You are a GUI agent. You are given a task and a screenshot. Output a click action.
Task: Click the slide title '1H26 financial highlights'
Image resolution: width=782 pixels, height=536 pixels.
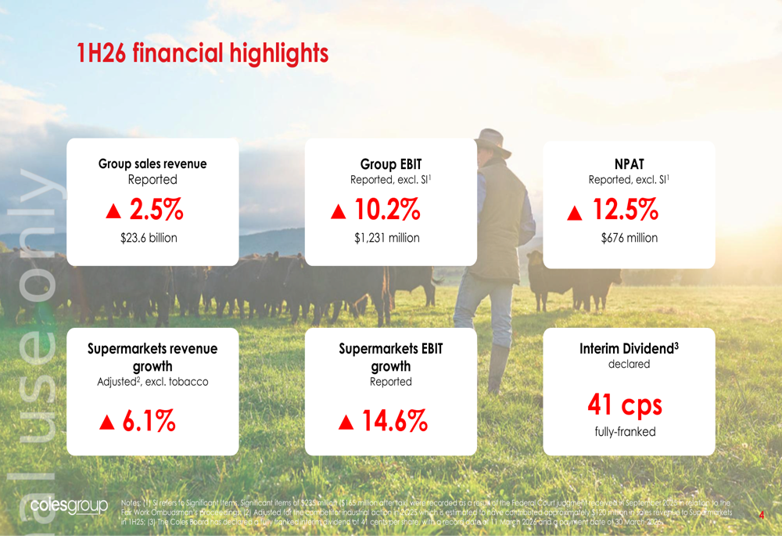(x=203, y=54)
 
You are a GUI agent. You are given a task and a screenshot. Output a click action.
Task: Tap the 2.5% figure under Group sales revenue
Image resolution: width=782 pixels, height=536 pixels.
(x=156, y=210)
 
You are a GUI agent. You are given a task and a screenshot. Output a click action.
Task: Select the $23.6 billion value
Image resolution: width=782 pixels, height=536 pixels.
(x=152, y=238)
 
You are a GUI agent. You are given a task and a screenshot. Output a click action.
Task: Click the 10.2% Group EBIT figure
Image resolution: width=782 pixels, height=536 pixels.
(x=387, y=210)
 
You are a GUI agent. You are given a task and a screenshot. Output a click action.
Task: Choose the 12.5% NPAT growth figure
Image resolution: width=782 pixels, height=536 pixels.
(x=625, y=210)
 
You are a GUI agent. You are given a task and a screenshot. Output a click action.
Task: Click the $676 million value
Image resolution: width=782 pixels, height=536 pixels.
(x=629, y=238)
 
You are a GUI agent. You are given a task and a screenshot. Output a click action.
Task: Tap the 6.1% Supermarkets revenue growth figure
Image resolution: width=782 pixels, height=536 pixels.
(x=149, y=422)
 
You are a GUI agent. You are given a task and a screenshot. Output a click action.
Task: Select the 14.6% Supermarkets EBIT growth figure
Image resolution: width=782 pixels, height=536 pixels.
(x=394, y=422)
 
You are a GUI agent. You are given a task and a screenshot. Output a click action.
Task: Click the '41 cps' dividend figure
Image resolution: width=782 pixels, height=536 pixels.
(x=625, y=405)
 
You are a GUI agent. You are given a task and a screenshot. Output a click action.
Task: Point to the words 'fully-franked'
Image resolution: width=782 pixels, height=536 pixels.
(x=625, y=432)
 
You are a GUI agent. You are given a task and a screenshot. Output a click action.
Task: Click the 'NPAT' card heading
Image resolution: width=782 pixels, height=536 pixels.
(x=629, y=164)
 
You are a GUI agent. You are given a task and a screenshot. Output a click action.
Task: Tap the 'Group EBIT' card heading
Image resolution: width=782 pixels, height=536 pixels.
(x=390, y=164)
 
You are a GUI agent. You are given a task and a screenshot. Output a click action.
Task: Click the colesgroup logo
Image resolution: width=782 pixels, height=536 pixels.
(x=69, y=505)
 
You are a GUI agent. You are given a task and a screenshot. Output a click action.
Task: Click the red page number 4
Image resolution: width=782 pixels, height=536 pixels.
(x=762, y=515)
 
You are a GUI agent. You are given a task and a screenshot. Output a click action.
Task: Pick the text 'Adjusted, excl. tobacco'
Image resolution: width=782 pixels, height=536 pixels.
(x=152, y=382)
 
